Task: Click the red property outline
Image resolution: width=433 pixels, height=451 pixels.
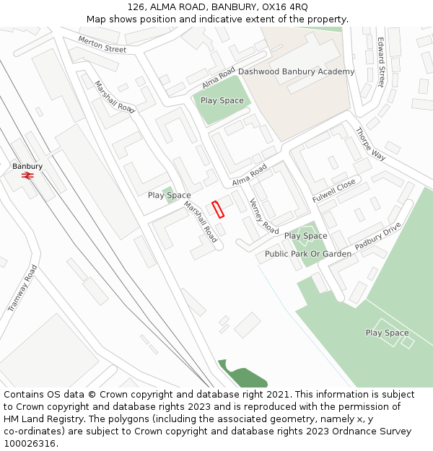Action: pos(218,209)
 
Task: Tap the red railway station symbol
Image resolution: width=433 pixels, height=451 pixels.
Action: pos(28,175)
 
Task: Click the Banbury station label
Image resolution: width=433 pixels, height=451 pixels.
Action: pos(27,166)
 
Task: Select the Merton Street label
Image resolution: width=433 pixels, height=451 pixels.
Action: pos(102,45)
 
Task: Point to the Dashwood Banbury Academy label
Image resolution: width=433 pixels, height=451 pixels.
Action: pos(296,71)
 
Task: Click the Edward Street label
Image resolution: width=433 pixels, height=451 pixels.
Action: pos(380,63)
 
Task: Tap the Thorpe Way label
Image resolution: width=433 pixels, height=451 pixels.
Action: pos(370,144)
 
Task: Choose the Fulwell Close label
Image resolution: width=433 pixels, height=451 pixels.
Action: pos(334,191)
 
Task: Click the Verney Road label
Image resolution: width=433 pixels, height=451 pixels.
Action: pos(263,216)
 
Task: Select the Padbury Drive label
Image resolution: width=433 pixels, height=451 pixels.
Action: pos(377,236)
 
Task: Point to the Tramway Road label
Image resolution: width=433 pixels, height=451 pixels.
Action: pos(22,288)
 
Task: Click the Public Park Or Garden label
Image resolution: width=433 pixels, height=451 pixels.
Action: pos(307,254)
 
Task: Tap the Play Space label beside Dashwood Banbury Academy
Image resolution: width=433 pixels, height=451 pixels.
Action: pos(222,100)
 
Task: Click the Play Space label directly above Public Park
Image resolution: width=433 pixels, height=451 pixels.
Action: pos(305,236)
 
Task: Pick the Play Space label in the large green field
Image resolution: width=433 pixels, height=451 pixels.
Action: pos(387,333)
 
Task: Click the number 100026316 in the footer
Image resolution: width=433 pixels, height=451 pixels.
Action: pos(30,443)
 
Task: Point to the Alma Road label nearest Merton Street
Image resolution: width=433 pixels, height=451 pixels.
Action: pos(219,74)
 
